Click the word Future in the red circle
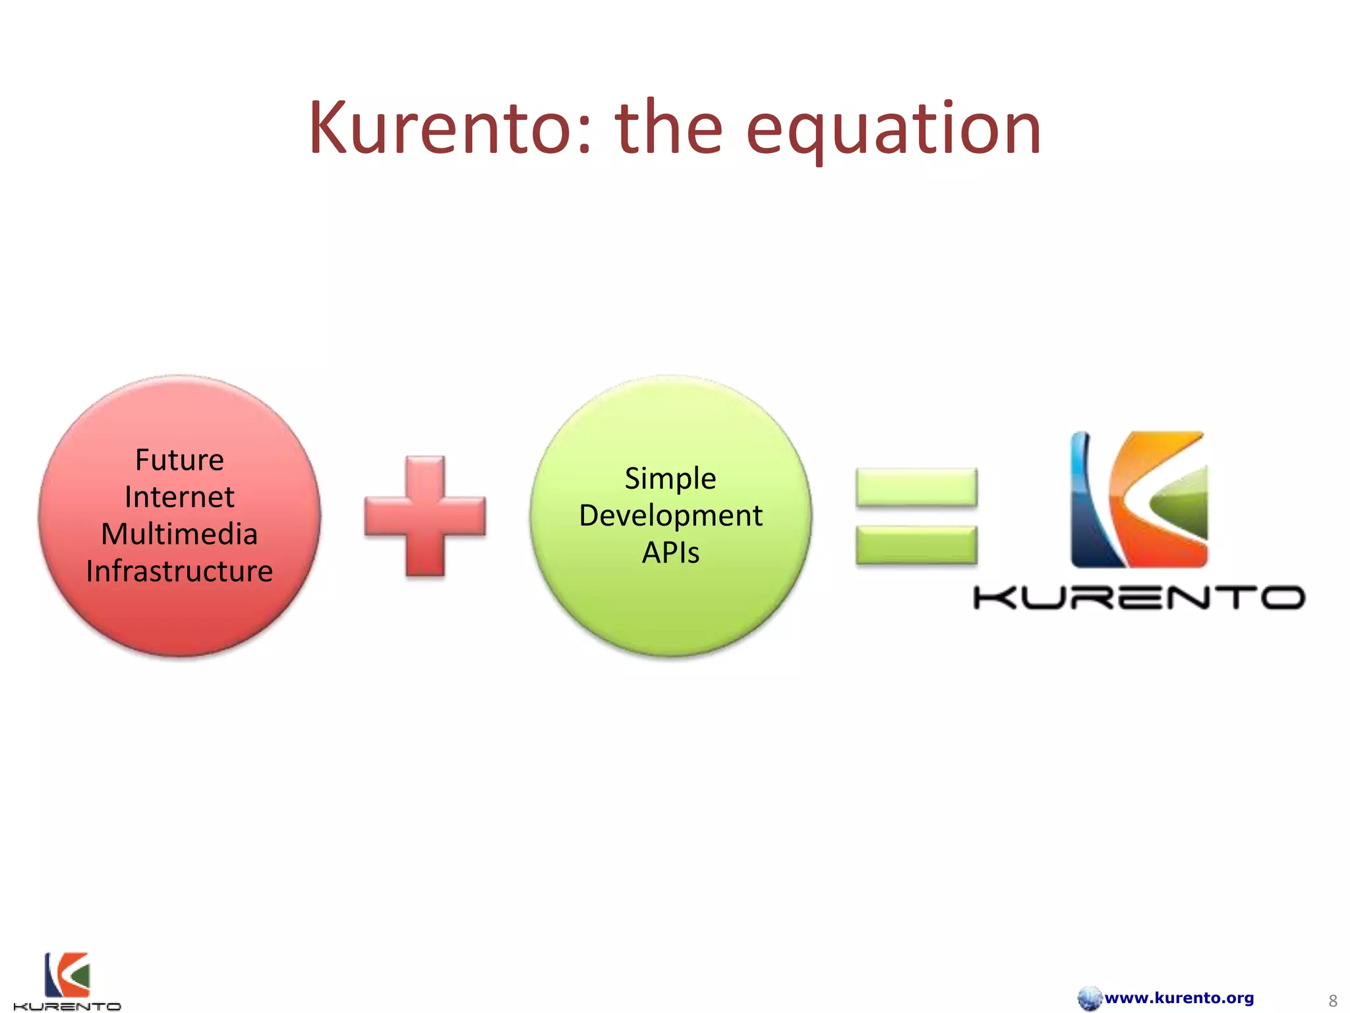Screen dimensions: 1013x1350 pyautogui.click(x=179, y=460)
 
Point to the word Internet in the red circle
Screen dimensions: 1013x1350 pyautogui.click(x=179, y=497)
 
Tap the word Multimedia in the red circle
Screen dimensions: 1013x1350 pyautogui.click(x=179, y=534)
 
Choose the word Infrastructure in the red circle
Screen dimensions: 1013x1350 pyautogui.click(x=179, y=571)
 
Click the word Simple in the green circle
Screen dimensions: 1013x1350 pyautogui.click(x=670, y=479)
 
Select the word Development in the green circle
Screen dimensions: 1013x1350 pyautogui.click(x=670, y=516)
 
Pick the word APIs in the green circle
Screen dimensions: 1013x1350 pyautogui.click(x=670, y=553)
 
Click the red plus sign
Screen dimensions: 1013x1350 pyautogui.click(x=425, y=516)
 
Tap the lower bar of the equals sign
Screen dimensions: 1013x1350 pyautogui.click(x=916, y=545)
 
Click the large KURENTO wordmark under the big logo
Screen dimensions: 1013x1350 pyautogui.click(x=1139, y=598)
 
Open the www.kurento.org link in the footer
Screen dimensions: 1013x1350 pyautogui.click(x=1179, y=998)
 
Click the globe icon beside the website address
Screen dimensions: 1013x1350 pyautogui.click(x=1090, y=998)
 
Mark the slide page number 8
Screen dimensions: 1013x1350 pyautogui.click(x=1332, y=1000)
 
